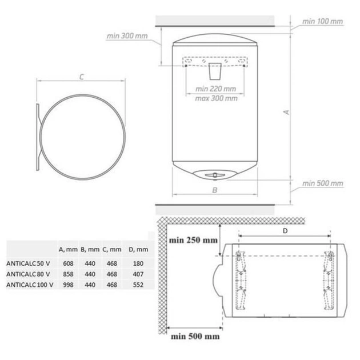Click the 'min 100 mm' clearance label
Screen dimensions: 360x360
coord(322,22)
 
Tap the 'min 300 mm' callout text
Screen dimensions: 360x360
coord(127,36)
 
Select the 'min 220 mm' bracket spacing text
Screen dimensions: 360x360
coord(215,89)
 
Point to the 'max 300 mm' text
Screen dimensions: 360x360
coord(216,98)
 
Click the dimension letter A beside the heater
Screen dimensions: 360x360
coord(286,112)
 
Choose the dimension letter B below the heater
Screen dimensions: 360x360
coord(215,190)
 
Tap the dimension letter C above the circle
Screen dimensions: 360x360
coord(82,77)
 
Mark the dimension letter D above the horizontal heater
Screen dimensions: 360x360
coord(285,231)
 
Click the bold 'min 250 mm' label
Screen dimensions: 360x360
coord(193,241)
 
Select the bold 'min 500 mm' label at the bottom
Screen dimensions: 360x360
coord(195,337)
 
